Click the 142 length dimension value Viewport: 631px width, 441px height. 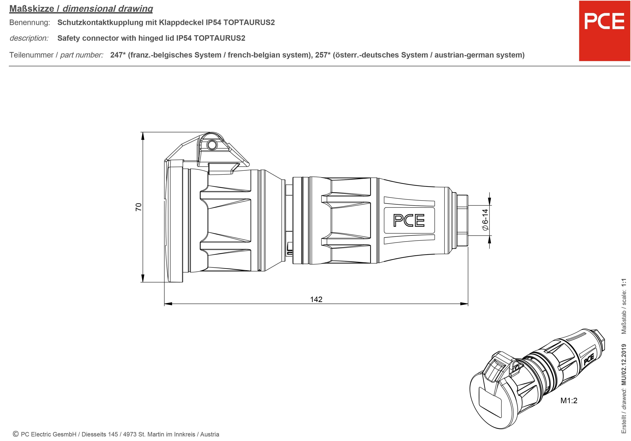point(316,299)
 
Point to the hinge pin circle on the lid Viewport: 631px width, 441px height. point(212,144)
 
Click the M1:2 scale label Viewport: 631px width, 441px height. point(569,400)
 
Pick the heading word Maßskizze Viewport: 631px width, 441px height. point(32,9)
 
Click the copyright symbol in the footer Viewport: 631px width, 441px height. point(16,434)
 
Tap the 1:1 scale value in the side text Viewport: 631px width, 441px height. point(624,283)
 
